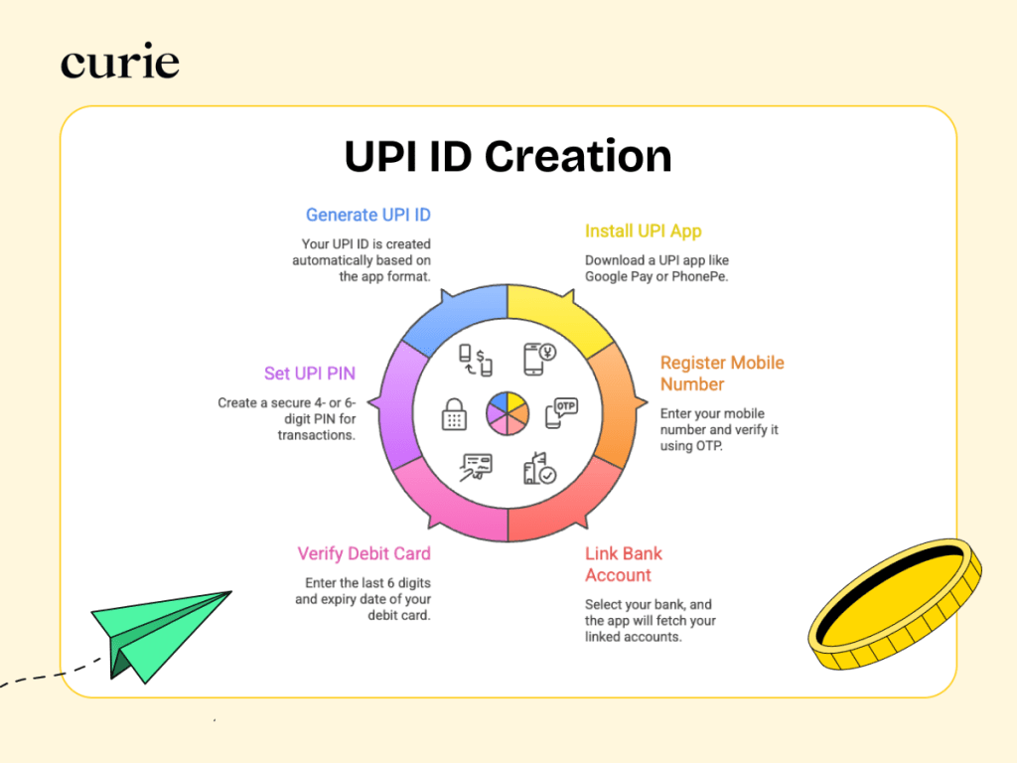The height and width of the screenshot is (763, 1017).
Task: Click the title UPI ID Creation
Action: coord(508,156)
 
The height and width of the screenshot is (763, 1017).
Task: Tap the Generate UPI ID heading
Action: coord(367,215)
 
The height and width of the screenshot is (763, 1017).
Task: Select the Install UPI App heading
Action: coord(643,231)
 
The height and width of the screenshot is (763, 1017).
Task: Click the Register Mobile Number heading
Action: coord(722,374)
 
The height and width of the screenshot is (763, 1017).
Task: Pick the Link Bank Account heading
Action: coord(624,564)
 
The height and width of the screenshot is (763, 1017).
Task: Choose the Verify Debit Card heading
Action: coord(363,553)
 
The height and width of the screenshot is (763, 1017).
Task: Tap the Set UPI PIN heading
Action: coord(309,374)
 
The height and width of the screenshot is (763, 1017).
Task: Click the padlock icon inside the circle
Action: coord(454,413)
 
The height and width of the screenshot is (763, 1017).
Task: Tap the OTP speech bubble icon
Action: coord(561,411)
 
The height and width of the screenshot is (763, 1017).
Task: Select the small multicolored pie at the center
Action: coord(508,411)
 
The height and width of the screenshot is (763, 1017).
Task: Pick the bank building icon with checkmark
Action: coord(539,467)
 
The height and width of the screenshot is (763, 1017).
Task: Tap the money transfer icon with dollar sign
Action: coord(476,359)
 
